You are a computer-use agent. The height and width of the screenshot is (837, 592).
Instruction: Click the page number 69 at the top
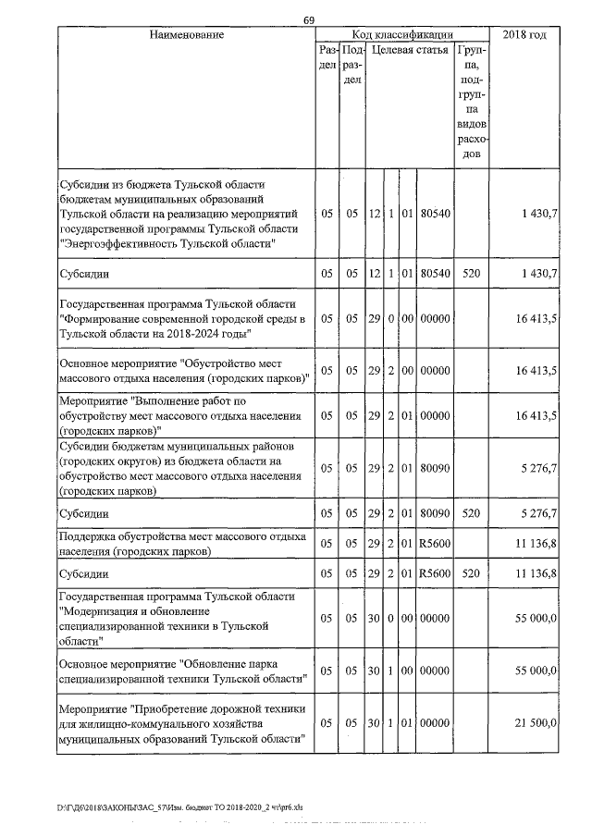(x=309, y=20)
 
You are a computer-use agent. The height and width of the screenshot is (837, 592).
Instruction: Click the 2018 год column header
(x=524, y=34)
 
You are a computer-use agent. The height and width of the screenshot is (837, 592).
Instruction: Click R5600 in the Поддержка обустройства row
(x=434, y=544)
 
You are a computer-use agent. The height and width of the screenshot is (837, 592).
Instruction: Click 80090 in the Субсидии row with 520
(x=434, y=512)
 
